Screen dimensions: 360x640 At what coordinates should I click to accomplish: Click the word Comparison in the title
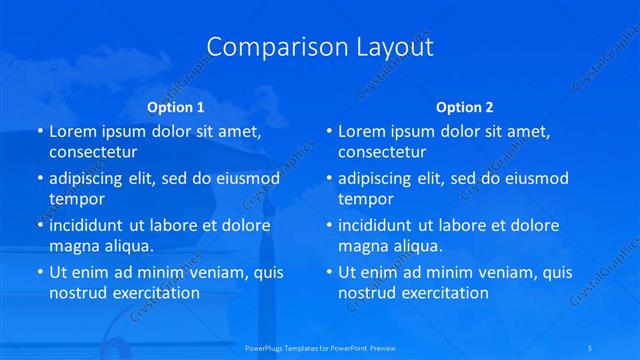pyautogui.click(x=266, y=47)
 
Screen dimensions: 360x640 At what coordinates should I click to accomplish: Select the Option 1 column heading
pyautogui.click(x=176, y=106)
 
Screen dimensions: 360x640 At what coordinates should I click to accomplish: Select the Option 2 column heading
pyautogui.click(x=465, y=106)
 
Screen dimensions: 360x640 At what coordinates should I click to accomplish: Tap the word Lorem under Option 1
pyautogui.click(x=73, y=131)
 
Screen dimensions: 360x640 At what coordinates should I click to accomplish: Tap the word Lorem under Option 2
pyautogui.click(x=362, y=131)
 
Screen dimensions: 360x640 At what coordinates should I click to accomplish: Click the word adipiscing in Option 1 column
pyautogui.click(x=91, y=178)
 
